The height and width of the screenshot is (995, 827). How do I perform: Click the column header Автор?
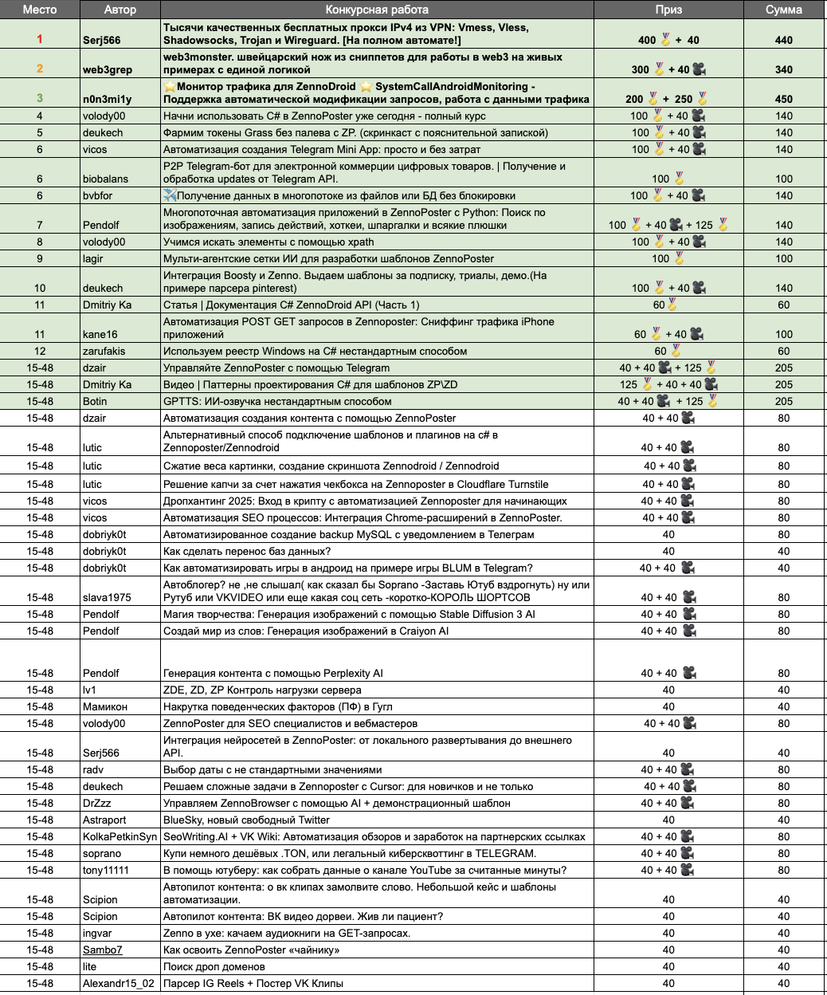click(x=120, y=10)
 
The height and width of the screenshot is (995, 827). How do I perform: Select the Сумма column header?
click(x=783, y=10)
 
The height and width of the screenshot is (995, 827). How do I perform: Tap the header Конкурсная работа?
click(x=377, y=10)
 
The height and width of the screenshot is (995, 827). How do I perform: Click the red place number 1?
click(x=40, y=39)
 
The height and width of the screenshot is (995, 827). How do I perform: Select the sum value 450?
click(x=784, y=99)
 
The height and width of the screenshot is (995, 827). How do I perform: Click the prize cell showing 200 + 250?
click(x=668, y=99)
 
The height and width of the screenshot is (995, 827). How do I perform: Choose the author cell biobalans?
click(x=108, y=179)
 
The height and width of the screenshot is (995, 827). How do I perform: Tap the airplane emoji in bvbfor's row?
click(x=170, y=195)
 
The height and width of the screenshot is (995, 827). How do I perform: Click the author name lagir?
click(x=93, y=258)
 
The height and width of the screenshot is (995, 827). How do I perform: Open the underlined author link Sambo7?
click(x=103, y=950)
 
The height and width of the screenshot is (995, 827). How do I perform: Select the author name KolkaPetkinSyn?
click(x=120, y=836)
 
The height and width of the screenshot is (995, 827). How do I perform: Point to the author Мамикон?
click(x=105, y=706)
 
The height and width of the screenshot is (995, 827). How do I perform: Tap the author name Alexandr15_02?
click(x=119, y=983)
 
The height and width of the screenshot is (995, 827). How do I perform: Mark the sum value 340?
click(x=784, y=69)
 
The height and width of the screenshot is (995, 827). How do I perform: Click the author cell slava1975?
click(x=107, y=597)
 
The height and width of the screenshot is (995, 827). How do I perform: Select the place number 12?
click(x=40, y=351)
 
